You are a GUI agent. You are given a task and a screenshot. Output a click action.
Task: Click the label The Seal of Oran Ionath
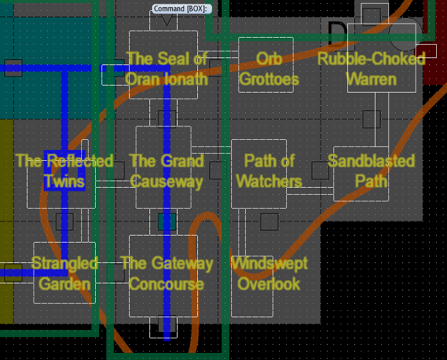167,68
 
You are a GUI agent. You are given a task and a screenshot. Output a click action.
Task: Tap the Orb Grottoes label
269,68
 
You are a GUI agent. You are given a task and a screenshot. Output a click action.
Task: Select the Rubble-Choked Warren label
371,68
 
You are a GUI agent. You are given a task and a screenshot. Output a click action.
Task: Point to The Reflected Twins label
64,170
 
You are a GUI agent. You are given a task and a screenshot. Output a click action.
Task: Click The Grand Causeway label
167,170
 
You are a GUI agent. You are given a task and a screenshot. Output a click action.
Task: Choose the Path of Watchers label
269,170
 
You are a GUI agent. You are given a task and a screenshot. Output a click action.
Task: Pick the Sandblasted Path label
371,170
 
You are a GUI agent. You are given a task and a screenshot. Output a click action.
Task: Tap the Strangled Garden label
64,273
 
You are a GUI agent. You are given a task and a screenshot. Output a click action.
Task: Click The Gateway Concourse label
167,273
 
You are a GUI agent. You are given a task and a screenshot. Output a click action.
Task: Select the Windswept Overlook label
269,273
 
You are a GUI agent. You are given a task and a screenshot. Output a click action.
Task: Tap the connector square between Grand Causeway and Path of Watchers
218,170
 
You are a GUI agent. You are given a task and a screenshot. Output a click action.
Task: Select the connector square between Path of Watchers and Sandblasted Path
320,170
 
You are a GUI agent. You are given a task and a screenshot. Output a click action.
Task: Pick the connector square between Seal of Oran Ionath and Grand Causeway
167,119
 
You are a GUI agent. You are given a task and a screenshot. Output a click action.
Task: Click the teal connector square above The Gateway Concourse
167,221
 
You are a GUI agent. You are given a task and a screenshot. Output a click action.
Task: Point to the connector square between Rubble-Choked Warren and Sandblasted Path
371,119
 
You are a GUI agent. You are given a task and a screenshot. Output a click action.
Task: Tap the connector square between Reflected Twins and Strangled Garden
64,221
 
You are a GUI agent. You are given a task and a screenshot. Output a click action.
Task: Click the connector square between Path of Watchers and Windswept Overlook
269,221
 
